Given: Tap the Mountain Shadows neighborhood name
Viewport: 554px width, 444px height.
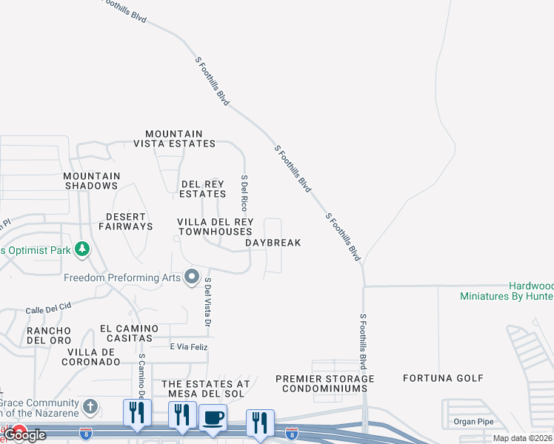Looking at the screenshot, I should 91,181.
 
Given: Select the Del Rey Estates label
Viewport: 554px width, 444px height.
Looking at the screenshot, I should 203,189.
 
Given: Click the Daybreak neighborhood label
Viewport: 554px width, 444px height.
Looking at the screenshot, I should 273,243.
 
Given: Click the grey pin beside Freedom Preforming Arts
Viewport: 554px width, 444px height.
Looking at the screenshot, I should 193,277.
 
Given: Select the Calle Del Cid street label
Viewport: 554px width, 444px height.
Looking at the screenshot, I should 48,306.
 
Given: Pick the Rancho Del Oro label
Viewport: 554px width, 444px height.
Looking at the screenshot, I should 49,335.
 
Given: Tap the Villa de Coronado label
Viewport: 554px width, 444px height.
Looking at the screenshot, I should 93,357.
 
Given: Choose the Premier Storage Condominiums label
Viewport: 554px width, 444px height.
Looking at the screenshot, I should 324,383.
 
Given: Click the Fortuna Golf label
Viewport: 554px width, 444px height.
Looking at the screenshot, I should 437,378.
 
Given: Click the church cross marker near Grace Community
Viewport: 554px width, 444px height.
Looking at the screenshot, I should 90,406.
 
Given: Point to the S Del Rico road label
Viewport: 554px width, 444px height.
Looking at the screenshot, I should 244,195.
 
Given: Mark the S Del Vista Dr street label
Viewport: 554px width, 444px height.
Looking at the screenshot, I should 208,302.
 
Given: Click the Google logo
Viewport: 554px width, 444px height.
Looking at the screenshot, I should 25,435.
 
